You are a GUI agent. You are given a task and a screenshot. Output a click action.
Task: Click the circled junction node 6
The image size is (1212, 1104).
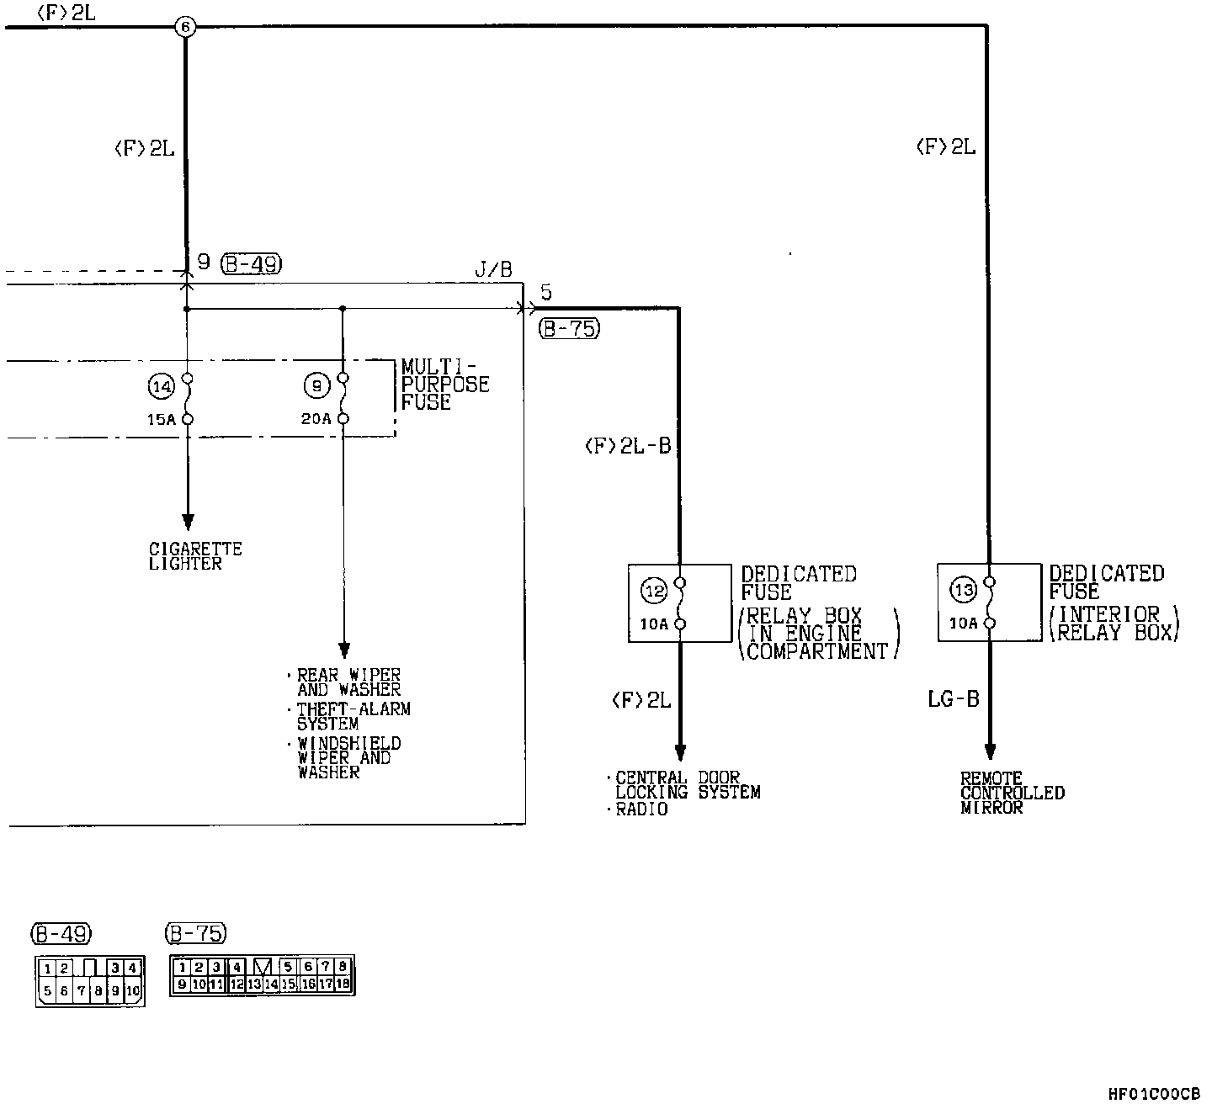185,27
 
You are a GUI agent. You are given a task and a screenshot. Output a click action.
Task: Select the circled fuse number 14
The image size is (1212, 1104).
162,386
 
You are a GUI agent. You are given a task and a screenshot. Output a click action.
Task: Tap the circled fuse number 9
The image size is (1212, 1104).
316,385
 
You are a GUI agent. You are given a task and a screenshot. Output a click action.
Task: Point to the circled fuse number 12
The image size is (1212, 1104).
654,591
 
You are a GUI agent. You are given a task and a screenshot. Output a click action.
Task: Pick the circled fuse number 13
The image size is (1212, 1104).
963,589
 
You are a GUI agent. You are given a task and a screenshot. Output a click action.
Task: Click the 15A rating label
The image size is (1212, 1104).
162,419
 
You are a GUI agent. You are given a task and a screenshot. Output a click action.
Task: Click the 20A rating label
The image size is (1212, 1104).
316,419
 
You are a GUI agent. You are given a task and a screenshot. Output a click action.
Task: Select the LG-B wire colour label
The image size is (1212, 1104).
954,699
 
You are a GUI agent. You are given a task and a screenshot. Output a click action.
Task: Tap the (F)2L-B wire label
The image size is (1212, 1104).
628,446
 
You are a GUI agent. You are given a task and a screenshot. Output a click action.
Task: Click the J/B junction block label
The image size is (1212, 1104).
493,269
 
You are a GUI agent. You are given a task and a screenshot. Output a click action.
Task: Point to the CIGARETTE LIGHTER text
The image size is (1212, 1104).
195,556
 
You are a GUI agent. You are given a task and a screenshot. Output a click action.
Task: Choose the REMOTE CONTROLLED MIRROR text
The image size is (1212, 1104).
1013,793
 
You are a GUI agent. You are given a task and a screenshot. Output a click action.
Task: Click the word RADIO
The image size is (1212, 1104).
641,809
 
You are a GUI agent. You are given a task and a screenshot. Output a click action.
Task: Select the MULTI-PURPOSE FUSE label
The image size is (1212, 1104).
445,385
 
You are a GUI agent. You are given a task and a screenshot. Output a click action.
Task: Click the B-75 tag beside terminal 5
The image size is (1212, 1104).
569,328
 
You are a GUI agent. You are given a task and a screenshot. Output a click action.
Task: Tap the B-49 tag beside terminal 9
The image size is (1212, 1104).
252,263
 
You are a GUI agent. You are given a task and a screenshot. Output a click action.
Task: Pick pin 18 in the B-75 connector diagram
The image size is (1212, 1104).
343,984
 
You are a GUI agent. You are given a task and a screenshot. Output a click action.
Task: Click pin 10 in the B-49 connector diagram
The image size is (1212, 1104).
133,991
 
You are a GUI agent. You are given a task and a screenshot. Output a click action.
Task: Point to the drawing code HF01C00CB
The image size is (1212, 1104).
1154,1094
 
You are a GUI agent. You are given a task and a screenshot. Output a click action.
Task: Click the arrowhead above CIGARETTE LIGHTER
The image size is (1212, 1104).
188,522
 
